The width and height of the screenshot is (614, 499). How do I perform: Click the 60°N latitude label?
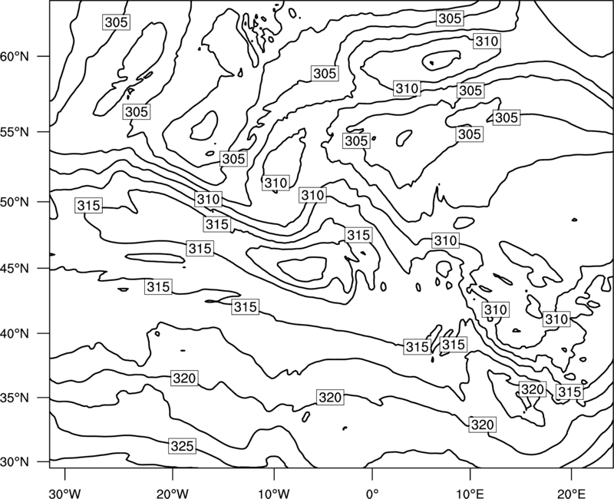point(15,56)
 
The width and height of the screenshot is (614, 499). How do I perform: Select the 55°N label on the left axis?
point(15,131)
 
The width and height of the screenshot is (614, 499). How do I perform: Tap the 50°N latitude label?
point(15,202)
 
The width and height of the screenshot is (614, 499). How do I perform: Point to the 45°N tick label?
point(15,268)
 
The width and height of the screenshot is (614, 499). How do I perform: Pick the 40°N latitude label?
point(15,333)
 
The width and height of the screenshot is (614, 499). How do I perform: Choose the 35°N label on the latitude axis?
point(15,398)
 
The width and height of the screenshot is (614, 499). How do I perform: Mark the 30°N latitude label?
point(15,462)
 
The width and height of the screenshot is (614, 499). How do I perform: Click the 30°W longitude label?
point(64,493)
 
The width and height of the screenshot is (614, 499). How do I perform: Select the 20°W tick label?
point(172,493)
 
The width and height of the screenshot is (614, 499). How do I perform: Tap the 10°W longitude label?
point(274,493)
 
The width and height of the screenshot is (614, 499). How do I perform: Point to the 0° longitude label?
point(372,493)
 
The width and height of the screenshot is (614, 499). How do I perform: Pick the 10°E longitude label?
point(470,493)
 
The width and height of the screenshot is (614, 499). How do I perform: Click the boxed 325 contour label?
point(183,446)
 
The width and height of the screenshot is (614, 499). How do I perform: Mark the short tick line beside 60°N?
point(44,56)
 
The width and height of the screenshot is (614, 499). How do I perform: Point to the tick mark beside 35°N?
point(44,398)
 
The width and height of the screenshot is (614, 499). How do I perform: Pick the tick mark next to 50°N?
point(44,202)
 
